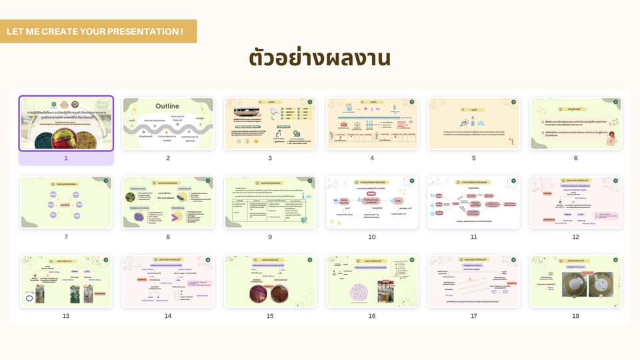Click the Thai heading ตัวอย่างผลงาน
[320, 58]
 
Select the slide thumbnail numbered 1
[66, 123]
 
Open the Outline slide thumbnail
[168, 123]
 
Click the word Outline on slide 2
[167, 106]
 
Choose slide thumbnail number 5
[474, 123]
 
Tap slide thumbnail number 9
[270, 202]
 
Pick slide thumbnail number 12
[576, 202]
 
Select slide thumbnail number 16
[372, 281]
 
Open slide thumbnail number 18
[576, 281]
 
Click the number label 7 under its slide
[66, 237]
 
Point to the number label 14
[168, 315]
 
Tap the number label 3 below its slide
[270, 158]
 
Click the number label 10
[372, 237]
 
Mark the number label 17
[474, 315]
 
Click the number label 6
[576, 158]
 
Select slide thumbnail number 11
[474, 202]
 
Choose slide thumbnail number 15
[270, 281]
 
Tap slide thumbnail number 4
[372, 123]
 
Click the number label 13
[66, 315]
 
